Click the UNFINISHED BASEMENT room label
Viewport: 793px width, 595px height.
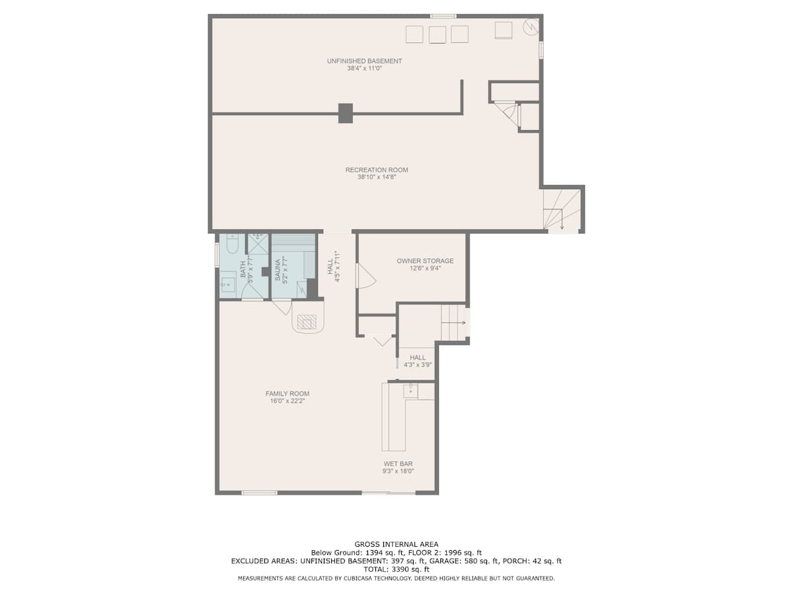[364, 61]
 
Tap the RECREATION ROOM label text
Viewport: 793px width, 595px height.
[377, 170]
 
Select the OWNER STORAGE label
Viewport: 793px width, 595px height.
[425, 261]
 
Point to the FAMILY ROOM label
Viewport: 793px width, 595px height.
[287, 394]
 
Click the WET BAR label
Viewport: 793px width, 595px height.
[398, 464]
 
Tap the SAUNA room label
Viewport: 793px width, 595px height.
[278, 270]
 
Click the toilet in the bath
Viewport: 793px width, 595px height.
[231, 242]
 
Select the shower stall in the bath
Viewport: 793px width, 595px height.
[258, 244]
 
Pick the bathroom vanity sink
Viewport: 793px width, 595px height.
[227, 286]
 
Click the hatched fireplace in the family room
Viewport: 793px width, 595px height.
[307, 321]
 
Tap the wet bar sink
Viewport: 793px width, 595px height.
[410, 391]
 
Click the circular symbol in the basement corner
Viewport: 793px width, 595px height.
[531, 26]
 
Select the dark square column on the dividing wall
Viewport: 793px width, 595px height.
[346, 113]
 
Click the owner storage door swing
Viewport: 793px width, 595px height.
[366, 276]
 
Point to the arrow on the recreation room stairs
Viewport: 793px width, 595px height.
[562, 219]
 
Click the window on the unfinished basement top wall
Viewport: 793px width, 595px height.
[443, 16]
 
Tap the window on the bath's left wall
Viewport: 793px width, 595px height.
[217, 255]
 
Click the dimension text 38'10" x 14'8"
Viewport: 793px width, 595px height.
[377, 177]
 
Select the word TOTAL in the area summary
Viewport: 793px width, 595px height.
[375, 569]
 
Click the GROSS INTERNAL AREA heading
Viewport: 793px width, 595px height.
[397, 544]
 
